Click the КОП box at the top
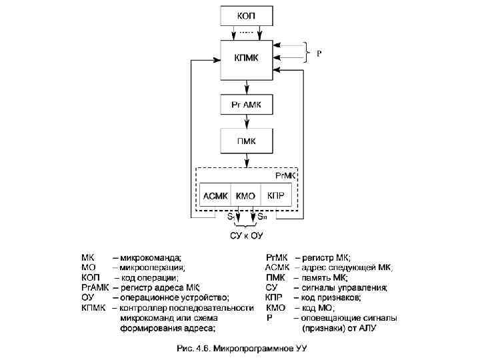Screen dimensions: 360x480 pyautogui.click(x=246, y=15)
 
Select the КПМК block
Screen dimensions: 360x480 pyautogui.click(x=247, y=59)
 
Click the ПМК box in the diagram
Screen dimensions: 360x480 pyautogui.click(x=247, y=141)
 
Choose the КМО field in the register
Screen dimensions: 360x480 pyautogui.click(x=246, y=196)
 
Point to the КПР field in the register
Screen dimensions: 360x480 pyautogui.click(x=276, y=196)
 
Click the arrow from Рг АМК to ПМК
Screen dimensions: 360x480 pyautogui.click(x=247, y=121)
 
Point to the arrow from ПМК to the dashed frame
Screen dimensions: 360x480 pyautogui.click(x=247, y=160)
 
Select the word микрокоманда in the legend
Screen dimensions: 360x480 pyautogui.click(x=151, y=256)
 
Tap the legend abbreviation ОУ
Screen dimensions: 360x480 pyautogui.click(x=87, y=297)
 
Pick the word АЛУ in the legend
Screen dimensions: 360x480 pyautogui.click(x=388, y=328)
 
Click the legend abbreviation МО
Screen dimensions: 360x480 pyautogui.click(x=88, y=267)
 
